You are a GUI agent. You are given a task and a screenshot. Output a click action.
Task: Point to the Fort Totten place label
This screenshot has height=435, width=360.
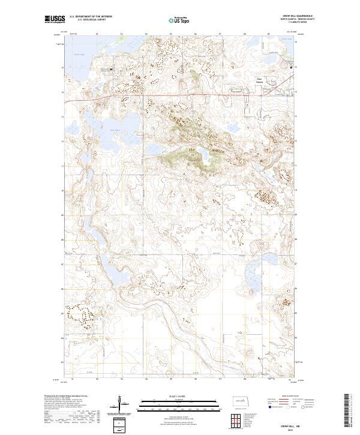pyautogui.click(x=260, y=80)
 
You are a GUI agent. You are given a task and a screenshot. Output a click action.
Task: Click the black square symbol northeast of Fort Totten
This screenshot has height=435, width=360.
pyautogui.click(x=292, y=68)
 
